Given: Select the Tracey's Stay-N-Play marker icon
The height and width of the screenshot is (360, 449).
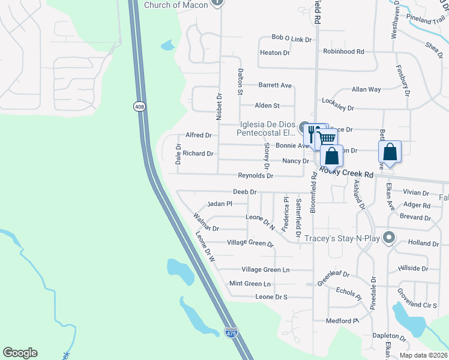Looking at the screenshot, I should (389, 238).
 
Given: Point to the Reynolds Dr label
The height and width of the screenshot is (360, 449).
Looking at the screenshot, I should (256, 176).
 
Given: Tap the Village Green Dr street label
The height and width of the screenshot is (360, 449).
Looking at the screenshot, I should (250, 243).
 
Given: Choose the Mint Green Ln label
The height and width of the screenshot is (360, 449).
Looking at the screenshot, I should (250, 283).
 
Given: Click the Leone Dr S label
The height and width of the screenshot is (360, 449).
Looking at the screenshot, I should (271, 297).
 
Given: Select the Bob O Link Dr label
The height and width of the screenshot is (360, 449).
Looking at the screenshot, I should (292, 39).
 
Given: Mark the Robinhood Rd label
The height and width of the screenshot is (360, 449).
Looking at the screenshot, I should (343, 52).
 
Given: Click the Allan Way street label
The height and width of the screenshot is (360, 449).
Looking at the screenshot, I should (366, 89).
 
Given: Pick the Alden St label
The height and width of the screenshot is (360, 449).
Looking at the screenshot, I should (268, 106).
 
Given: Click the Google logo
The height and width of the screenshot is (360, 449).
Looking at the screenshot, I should (20, 353).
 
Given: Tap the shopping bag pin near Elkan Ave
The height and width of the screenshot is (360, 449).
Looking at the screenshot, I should (390, 151).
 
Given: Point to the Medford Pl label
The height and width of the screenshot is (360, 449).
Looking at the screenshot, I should (342, 321).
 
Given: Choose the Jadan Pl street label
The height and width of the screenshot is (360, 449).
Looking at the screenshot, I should (219, 204).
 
